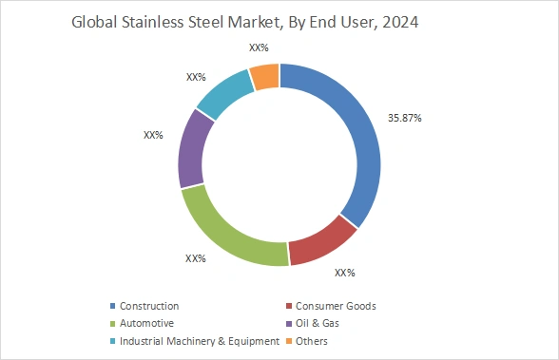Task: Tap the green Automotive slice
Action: [228, 232]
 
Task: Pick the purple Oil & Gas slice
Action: [192, 149]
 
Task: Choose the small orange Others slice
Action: [265, 76]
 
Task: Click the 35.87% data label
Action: [404, 118]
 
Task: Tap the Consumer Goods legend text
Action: [336, 306]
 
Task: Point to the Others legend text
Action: [313, 340]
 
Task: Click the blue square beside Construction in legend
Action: [113, 306]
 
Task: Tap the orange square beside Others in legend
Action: [289, 340]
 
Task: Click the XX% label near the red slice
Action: [344, 273]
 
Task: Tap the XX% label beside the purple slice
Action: [153, 135]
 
